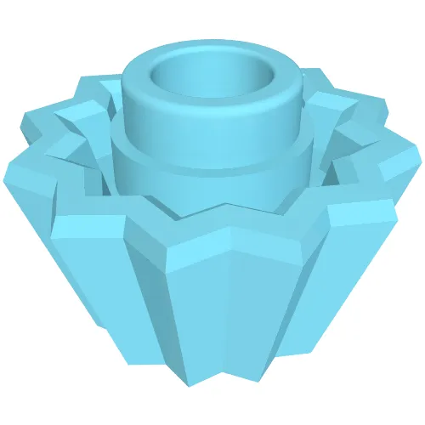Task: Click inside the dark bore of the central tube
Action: (x=212, y=81)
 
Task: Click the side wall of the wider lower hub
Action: (x=212, y=183)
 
